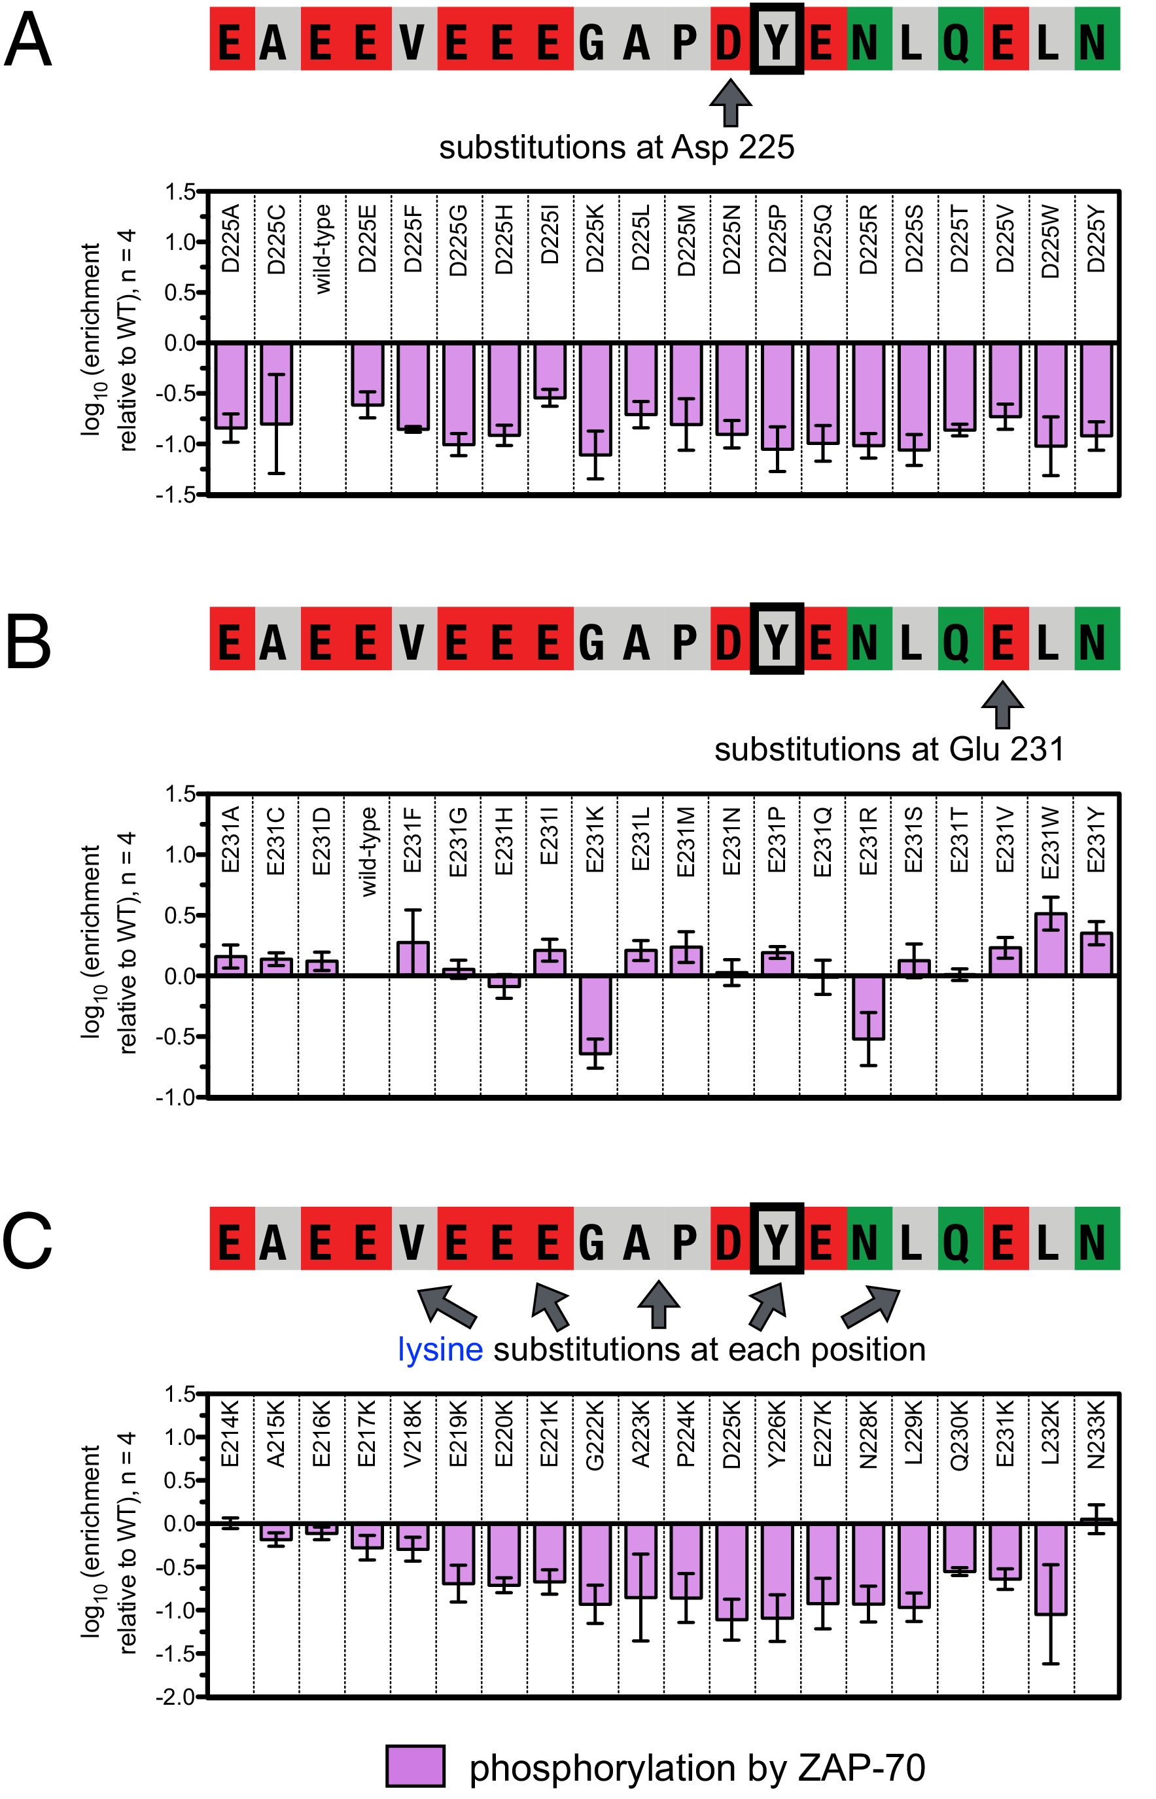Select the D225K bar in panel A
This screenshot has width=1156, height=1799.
(595, 399)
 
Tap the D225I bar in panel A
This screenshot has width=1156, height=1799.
(550, 370)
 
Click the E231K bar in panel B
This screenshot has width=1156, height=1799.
(595, 1014)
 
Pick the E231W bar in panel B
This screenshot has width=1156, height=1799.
(1050, 944)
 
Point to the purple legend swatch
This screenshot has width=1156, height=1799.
(415, 1766)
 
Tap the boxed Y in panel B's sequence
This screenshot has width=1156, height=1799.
(777, 639)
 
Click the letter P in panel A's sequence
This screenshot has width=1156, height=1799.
(684, 41)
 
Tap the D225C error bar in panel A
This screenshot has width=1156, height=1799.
(277, 423)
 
